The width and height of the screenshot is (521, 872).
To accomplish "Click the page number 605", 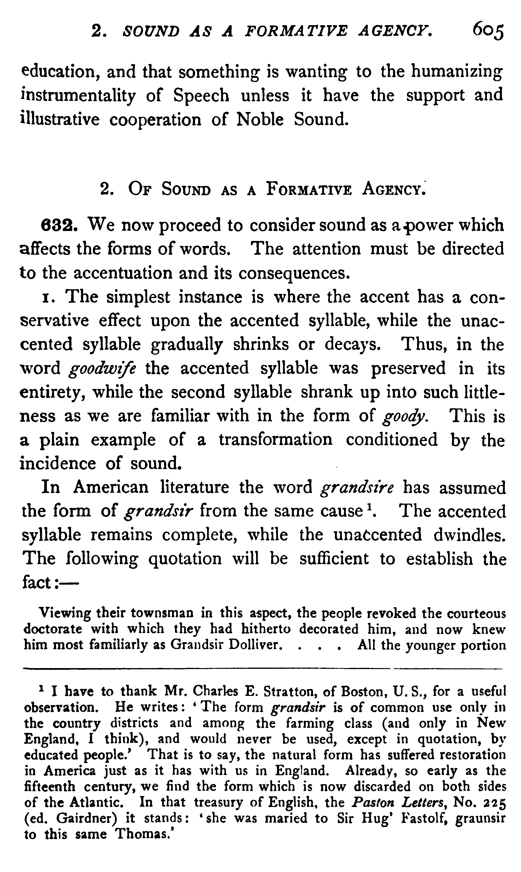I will pyautogui.click(x=488, y=33).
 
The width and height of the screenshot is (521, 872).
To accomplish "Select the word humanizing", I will pyautogui.click(x=457, y=72).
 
